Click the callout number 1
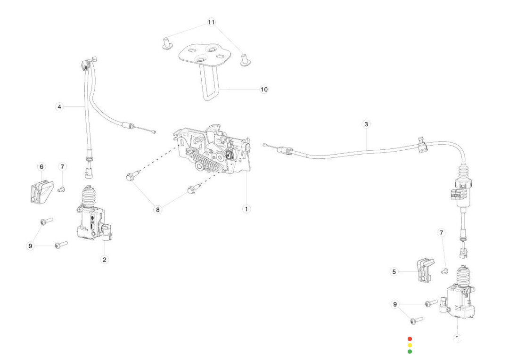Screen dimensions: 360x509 [246, 208]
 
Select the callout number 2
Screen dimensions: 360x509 [105, 259]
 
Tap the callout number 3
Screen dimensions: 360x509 [366, 125]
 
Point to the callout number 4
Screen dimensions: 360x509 [59, 107]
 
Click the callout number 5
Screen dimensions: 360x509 [394, 271]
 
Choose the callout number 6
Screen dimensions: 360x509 [41, 167]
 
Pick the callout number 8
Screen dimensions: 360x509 [158, 209]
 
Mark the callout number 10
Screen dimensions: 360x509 [264, 89]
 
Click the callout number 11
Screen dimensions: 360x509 [211, 22]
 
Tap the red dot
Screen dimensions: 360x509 [410, 339]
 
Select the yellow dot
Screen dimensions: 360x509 [410, 345]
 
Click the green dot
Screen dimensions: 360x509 [410, 351]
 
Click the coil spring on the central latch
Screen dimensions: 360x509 [205, 163]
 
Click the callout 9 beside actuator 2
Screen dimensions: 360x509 [31, 245]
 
